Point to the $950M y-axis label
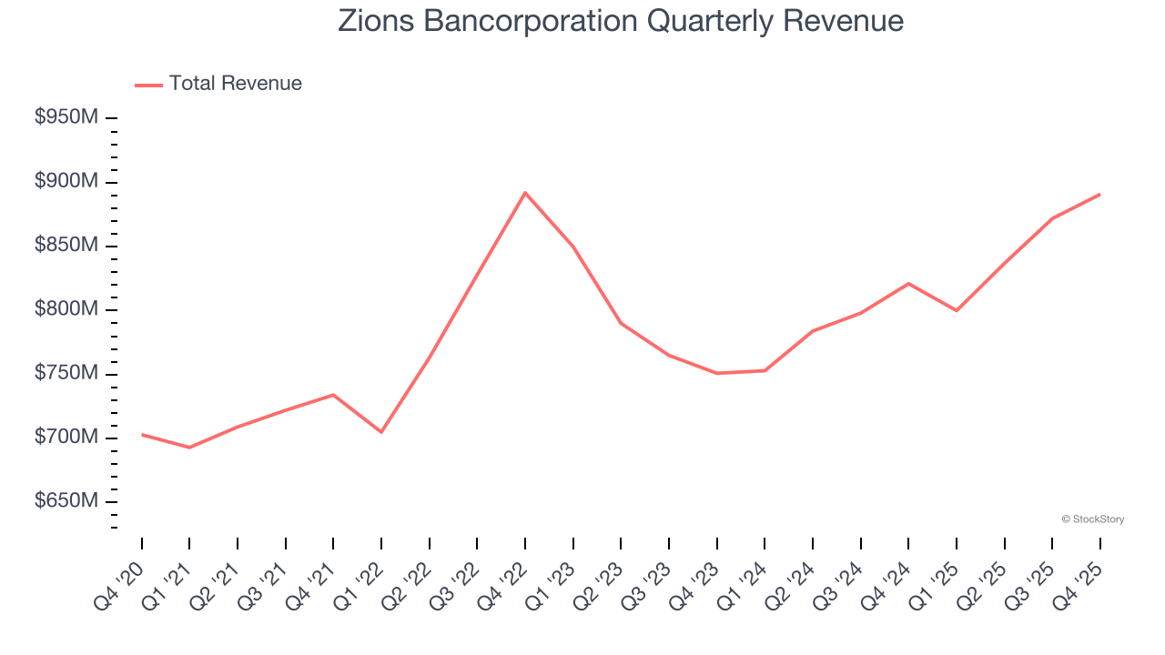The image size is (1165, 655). click(66, 118)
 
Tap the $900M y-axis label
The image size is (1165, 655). click(66, 182)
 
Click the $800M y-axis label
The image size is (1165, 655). click(66, 310)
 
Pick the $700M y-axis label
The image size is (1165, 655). click(66, 438)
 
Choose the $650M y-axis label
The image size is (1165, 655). click(66, 502)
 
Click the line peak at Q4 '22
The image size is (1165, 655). click(525, 193)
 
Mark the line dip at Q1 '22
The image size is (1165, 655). click(381, 432)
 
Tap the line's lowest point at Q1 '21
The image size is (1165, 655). click(189, 448)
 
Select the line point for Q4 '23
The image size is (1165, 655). click(717, 373)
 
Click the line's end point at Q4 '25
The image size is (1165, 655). click(1100, 194)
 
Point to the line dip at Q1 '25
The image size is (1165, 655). click(957, 310)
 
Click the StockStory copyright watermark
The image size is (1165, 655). click(1093, 519)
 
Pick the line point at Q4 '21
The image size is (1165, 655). click(333, 395)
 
